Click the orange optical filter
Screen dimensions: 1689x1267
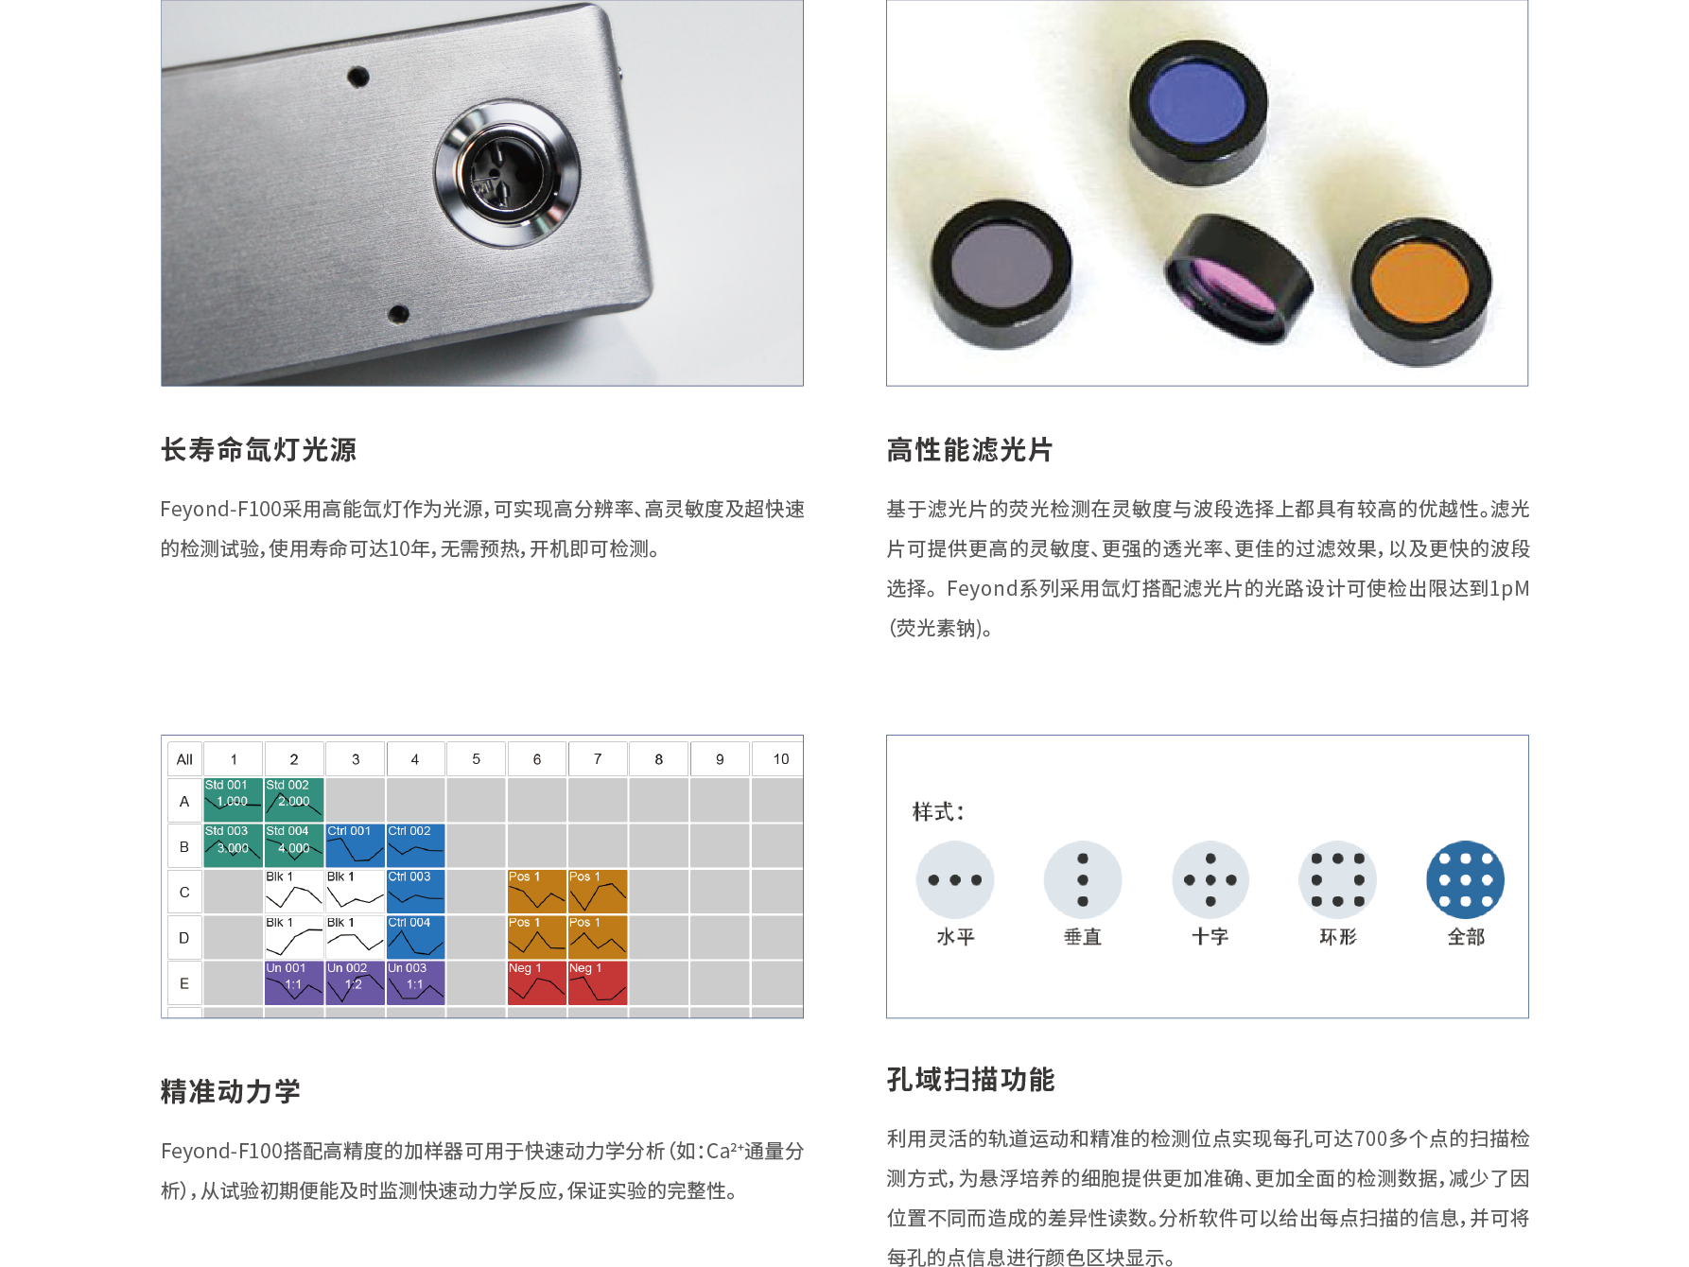(1419, 290)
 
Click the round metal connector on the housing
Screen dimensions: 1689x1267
(507, 173)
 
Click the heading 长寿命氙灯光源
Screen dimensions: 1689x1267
(258, 449)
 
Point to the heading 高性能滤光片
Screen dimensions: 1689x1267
(969, 449)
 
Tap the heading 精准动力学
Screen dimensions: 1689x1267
(231, 1091)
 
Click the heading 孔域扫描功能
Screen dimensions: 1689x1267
(970, 1079)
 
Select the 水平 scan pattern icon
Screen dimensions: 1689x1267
(955, 879)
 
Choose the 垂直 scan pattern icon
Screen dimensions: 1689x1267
(1083, 879)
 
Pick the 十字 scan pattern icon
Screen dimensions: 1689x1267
(1210, 879)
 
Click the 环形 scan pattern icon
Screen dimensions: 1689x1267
(1338, 879)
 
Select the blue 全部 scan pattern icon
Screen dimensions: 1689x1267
(1466, 879)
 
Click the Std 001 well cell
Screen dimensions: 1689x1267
(233, 800)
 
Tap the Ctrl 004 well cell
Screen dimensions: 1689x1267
(415, 937)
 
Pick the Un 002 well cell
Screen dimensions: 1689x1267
(355, 982)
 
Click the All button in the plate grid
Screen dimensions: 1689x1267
(184, 759)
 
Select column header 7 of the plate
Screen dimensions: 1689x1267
(598, 759)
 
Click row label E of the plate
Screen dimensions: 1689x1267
(184, 983)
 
